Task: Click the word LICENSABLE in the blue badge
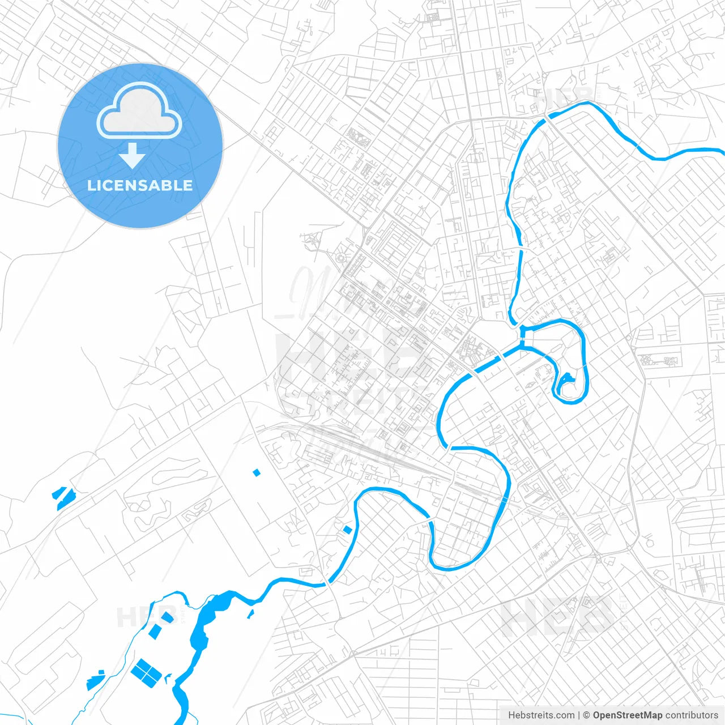point(140,185)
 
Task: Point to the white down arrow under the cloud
point(132,155)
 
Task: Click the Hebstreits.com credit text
point(541,715)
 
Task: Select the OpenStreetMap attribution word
point(628,715)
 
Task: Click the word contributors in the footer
point(692,715)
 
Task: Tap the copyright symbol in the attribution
point(586,715)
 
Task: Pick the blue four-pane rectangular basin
point(146,672)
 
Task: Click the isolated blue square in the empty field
point(257,472)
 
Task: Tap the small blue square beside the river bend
point(348,530)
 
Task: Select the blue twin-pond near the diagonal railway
point(64,494)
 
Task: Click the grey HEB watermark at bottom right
point(558,617)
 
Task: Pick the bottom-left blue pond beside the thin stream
point(96,681)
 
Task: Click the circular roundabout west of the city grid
point(340,258)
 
